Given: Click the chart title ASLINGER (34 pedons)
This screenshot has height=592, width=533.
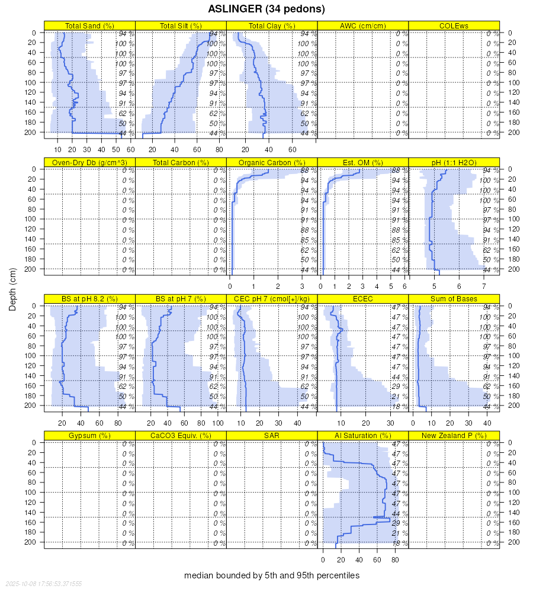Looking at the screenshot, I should [x=266, y=9].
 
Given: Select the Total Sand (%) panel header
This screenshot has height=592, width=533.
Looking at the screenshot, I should [x=90, y=26].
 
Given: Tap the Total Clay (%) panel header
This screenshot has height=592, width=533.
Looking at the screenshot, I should [x=272, y=26].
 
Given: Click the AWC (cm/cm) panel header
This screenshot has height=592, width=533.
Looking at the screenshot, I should [x=363, y=26].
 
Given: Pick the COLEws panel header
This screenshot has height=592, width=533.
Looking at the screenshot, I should [x=454, y=26].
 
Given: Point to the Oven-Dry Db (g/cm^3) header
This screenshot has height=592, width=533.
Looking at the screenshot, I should [x=90, y=163].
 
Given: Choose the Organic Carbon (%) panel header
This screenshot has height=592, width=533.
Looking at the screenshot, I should [x=272, y=163].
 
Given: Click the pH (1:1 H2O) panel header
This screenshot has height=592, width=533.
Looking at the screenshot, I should [x=454, y=163].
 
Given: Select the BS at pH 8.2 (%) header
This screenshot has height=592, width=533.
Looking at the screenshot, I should [x=90, y=299].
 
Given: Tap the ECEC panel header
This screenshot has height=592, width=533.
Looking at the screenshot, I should [x=363, y=299].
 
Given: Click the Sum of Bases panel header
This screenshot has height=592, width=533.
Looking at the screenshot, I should [x=454, y=299].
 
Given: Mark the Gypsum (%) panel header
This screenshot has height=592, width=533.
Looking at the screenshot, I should [x=90, y=436].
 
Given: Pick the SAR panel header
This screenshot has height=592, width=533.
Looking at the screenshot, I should [x=272, y=436].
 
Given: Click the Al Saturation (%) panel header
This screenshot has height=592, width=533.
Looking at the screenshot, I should [x=363, y=436].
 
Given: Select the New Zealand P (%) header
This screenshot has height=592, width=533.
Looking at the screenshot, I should [x=454, y=436].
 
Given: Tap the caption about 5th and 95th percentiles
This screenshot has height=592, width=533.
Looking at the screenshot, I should [x=272, y=575].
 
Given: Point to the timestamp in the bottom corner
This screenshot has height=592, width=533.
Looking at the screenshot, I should [x=42, y=584].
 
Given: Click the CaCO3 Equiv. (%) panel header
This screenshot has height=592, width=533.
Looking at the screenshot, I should [x=181, y=436].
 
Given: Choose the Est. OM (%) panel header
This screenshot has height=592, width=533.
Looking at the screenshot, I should [x=363, y=163].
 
